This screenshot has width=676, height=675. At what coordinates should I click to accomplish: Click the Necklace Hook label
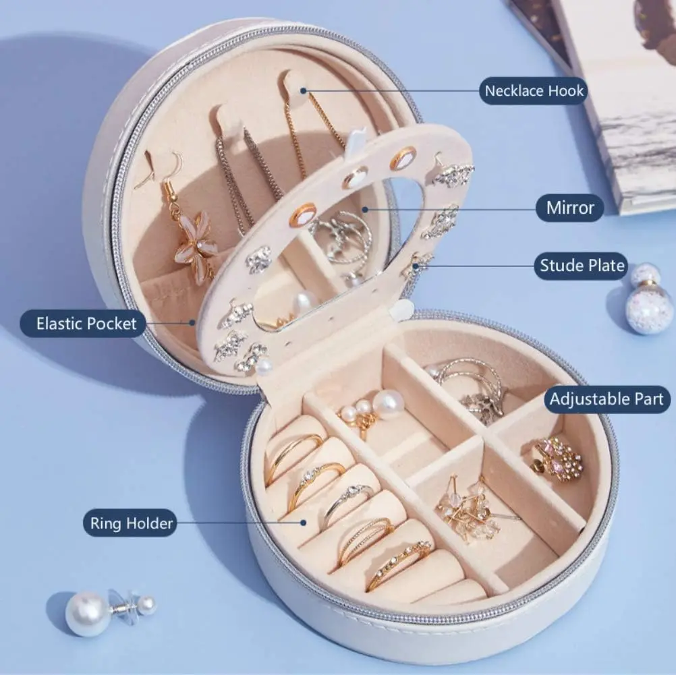(x=533, y=91)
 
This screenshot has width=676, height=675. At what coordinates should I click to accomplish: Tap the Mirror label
(x=569, y=208)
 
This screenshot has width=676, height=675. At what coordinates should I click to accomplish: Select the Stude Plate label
(x=582, y=266)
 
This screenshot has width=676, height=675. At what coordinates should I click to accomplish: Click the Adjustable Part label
(x=607, y=399)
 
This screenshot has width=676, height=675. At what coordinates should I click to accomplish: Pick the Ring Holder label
(x=130, y=523)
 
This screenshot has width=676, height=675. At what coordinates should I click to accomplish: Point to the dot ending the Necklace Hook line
(x=304, y=91)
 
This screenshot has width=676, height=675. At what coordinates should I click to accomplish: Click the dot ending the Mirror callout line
(x=365, y=210)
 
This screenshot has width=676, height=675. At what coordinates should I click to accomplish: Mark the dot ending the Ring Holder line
(x=304, y=523)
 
